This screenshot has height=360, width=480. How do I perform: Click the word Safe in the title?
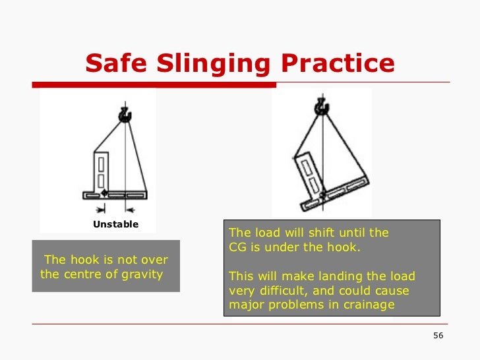click(x=116, y=63)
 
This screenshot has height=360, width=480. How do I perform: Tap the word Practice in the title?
click(x=337, y=63)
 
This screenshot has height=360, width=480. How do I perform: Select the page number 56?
click(x=438, y=336)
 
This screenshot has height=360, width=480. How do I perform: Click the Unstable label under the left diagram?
click(x=115, y=224)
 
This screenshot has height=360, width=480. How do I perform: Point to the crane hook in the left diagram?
click(x=125, y=115)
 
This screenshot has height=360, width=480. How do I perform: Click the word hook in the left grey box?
click(x=84, y=260)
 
